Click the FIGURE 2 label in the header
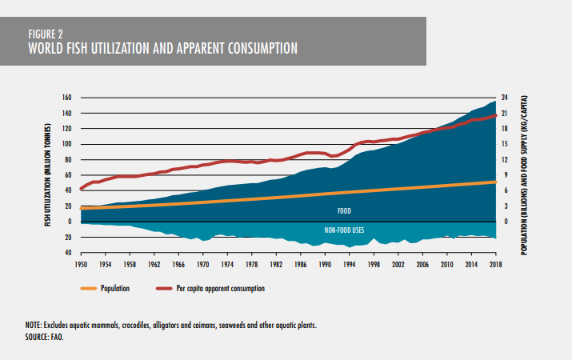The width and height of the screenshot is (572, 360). click(x=46, y=34)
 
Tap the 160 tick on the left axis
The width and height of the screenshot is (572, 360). click(x=67, y=98)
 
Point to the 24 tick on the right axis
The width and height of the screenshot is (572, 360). click(x=506, y=98)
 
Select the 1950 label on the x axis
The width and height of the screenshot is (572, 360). click(x=81, y=263)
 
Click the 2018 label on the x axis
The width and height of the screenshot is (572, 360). click(x=495, y=263)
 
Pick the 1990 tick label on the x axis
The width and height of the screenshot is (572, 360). click(x=325, y=263)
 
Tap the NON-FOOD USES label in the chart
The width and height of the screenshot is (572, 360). click(x=344, y=230)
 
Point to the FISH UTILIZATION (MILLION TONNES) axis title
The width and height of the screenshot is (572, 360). click(x=50, y=175)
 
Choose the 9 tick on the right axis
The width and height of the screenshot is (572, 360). click(x=505, y=175)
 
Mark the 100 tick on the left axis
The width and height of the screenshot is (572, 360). click(x=67, y=144)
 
